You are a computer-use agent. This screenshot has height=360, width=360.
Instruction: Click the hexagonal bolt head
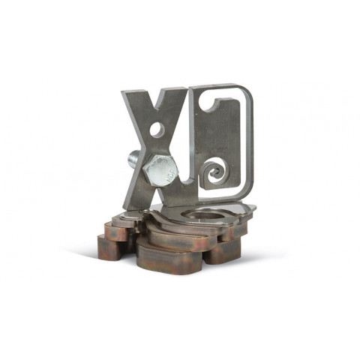click(160, 170)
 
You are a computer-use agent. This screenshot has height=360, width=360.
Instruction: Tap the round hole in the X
click(157, 130)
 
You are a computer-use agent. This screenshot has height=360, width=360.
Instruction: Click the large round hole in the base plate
click(203, 215)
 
